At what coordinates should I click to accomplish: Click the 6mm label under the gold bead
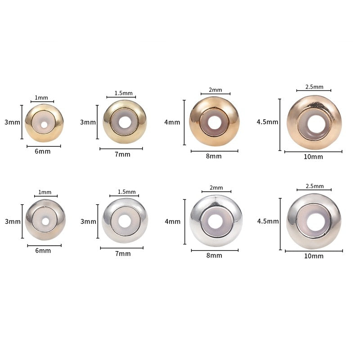click(x=43, y=152)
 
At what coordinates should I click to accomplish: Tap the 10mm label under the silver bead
click(x=314, y=256)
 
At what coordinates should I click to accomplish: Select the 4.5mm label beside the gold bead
click(x=267, y=122)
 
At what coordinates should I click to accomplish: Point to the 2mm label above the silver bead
click(x=216, y=188)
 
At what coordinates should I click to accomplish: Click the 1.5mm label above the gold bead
click(x=123, y=93)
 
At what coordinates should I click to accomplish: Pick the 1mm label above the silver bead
click(x=45, y=192)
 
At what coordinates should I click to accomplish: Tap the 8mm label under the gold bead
click(x=214, y=156)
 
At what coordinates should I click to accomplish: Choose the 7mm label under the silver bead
click(x=123, y=254)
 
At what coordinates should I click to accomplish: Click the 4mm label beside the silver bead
click(x=172, y=221)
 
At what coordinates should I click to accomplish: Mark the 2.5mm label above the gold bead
click(x=314, y=87)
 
